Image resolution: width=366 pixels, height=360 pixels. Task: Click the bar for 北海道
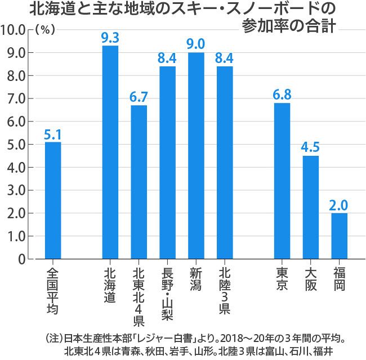(x=110, y=152)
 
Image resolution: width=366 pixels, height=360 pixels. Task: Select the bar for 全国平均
(x=53, y=200)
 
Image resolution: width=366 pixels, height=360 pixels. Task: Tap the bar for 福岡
(x=339, y=236)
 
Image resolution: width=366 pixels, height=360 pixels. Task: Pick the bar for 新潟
(x=196, y=155)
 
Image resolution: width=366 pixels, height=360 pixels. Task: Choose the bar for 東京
(x=282, y=181)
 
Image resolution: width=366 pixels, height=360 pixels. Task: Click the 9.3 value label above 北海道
(x=110, y=38)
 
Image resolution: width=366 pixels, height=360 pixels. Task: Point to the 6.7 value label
(x=139, y=97)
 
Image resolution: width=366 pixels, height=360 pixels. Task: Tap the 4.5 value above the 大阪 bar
(x=311, y=148)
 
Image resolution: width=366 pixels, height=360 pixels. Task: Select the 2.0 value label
(x=339, y=205)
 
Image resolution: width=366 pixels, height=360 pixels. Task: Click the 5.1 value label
(x=53, y=134)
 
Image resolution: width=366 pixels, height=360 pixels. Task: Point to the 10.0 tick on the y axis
(x=16, y=30)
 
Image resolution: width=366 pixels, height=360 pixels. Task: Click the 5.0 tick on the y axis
(x=18, y=145)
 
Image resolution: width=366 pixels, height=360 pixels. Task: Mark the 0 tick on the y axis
(x=23, y=259)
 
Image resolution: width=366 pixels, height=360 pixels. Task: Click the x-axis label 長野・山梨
(x=167, y=292)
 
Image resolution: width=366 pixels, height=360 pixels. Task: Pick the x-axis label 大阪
(x=311, y=278)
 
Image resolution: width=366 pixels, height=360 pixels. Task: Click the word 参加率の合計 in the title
(x=287, y=26)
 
